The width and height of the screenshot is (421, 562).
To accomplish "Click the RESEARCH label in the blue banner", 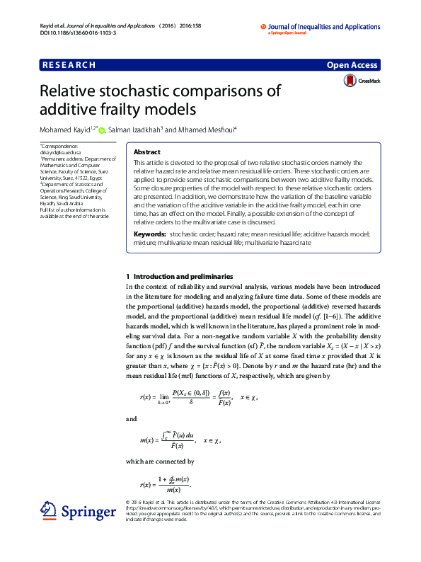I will click(x=69, y=65).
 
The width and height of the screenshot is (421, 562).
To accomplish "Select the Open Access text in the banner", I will click(x=352, y=65).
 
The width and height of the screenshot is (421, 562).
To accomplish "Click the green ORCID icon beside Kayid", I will click(x=102, y=130).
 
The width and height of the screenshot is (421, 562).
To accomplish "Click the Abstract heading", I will click(x=147, y=152).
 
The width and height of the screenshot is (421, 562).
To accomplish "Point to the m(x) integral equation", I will click(x=180, y=440).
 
